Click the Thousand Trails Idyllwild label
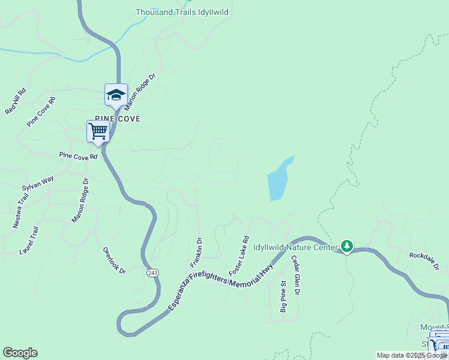point(182,12)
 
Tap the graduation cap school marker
point(116,95)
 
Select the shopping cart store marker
point(97,131)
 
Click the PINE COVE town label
point(118,119)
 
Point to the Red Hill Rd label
point(16,102)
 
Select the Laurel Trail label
point(29,240)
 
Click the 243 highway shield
point(152,272)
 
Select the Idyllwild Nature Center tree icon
point(346,246)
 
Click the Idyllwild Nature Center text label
point(296,247)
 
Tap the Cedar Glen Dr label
point(295,275)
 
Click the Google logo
point(20,353)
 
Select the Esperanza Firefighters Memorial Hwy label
point(220,280)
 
